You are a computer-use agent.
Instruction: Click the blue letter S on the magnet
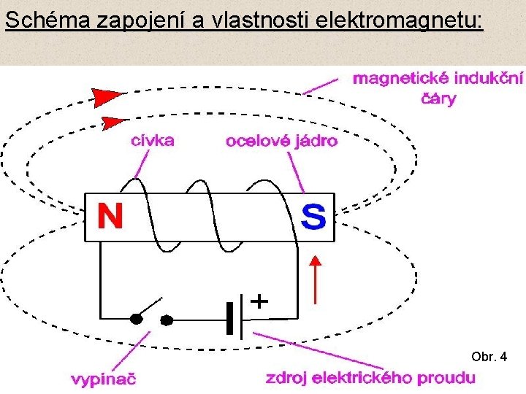pyautogui.click(x=313, y=217)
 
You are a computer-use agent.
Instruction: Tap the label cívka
pyautogui.click(x=152, y=141)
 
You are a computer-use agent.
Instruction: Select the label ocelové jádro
pyautogui.click(x=281, y=142)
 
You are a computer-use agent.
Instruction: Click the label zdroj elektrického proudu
pyautogui.click(x=370, y=378)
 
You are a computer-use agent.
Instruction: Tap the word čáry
pyautogui.click(x=436, y=98)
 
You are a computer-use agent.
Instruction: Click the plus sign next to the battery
pyautogui.click(x=259, y=300)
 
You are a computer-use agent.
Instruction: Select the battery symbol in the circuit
pyautogui.click(x=235, y=319)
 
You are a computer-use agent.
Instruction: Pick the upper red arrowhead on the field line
pyautogui.click(x=107, y=96)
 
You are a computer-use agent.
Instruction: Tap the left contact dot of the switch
pyautogui.click(x=135, y=319)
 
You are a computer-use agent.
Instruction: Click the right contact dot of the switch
pyautogui.click(x=167, y=319)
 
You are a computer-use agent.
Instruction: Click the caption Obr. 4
pyautogui.click(x=489, y=357)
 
